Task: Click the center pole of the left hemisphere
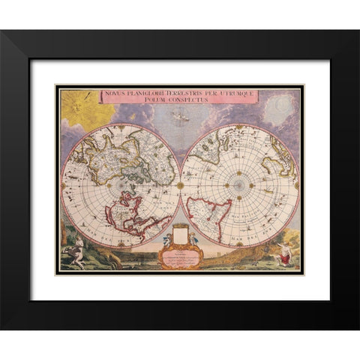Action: tap(121, 184)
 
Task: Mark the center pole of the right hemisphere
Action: tap(239, 184)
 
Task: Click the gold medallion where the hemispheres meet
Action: tap(180, 184)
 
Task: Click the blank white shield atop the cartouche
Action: tap(180, 234)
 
